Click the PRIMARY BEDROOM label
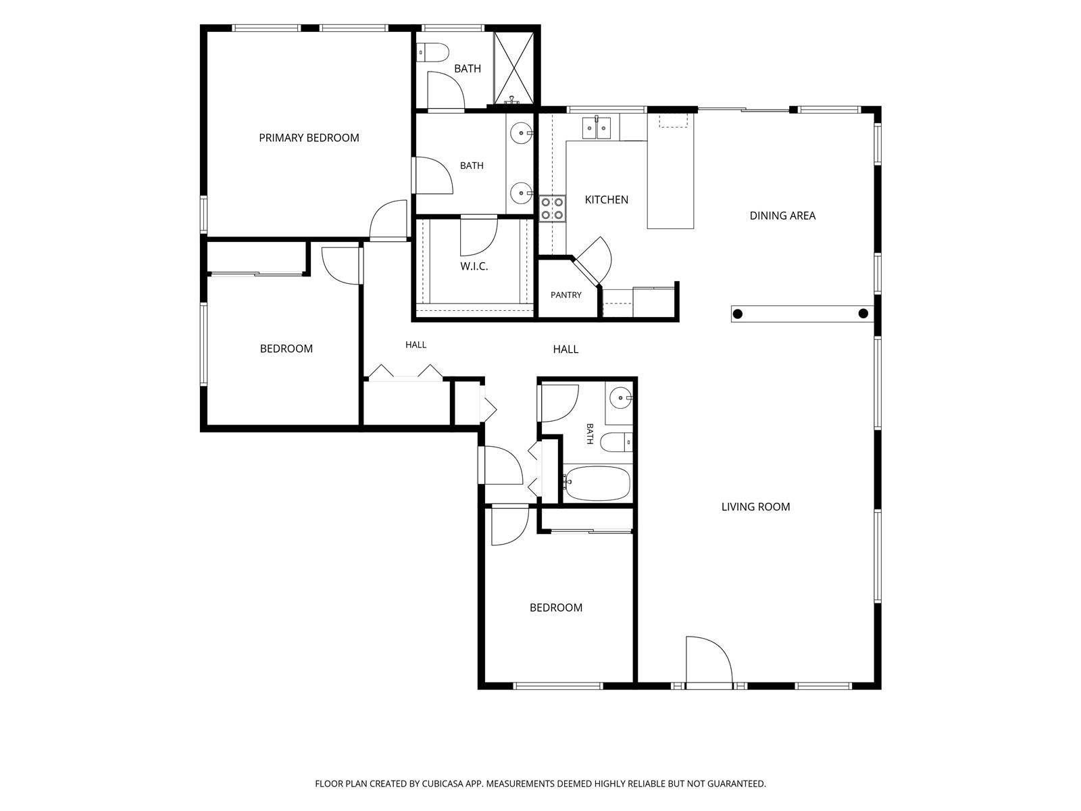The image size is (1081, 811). pos(309,138)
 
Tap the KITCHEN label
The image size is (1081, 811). pos(606,199)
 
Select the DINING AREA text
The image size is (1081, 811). pos(782,216)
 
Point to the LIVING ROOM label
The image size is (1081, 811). pos(755,507)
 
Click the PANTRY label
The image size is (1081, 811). pos(566,295)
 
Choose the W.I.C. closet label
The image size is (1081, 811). pos(474,266)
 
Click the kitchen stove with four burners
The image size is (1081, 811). pos(552,208)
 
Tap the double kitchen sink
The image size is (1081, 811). pos(597,128)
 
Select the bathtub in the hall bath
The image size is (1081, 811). pos(597,483)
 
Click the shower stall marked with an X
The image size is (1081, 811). pos(513,68)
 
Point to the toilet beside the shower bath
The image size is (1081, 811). pos(433,52)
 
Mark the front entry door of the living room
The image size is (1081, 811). pos(709,660)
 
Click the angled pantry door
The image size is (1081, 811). pos(593,261)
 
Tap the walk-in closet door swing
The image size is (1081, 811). pos(479,237)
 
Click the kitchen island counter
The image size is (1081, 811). pos(670,171)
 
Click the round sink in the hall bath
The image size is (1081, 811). pos(620,397)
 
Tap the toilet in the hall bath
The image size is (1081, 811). pos(616,442)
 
